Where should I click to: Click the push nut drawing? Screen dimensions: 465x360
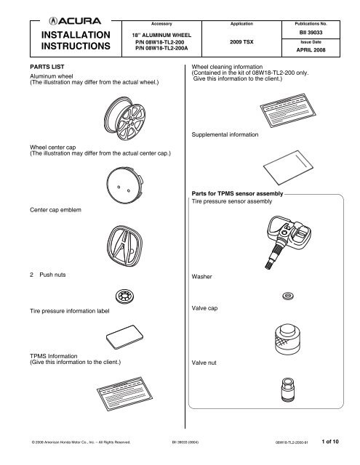click(x=125, y=296)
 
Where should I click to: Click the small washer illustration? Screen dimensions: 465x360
click(x=287, y=296)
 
